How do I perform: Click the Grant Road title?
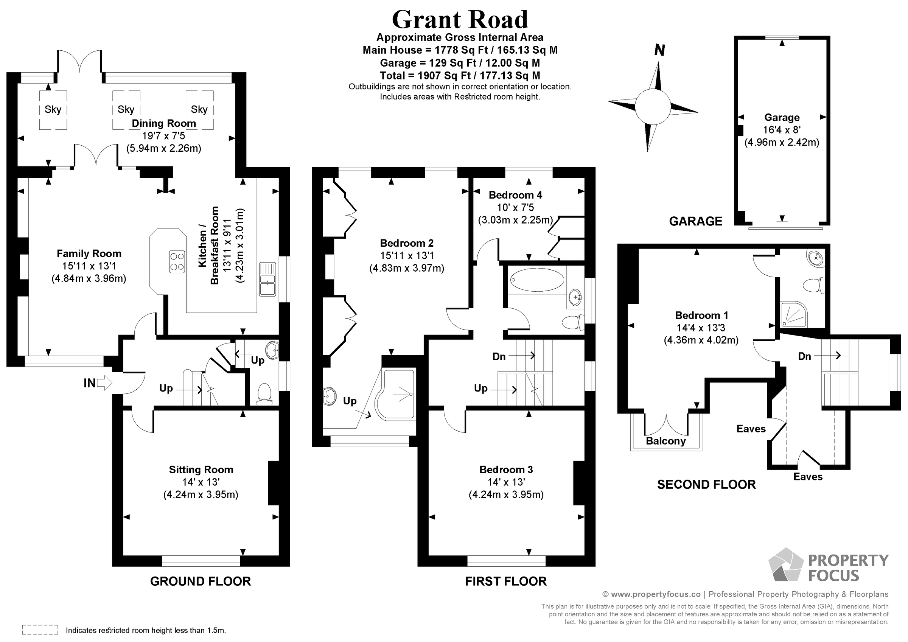coord(460,19)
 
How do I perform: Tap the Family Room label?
coord(89,253)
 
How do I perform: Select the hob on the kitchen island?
coord(177,262)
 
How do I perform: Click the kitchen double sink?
coord(268,279)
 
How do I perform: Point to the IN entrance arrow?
coord(104,383)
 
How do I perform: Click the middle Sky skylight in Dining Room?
coord(126,110)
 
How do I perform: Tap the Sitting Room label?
coord(201,469)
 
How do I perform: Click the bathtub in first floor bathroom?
coord(537,280)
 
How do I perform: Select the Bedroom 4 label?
coord(515,195)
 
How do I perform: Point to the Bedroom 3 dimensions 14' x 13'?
coord(506,482)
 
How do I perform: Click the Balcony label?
coord(665,441)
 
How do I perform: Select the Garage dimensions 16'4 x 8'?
coord(782,130)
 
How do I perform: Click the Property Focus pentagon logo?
coord(786,565)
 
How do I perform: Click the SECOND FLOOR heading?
coord(706,485)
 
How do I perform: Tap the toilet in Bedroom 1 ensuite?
coord(813,285)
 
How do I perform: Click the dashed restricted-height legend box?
coord(40,630)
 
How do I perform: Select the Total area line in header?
coord(460,76)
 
